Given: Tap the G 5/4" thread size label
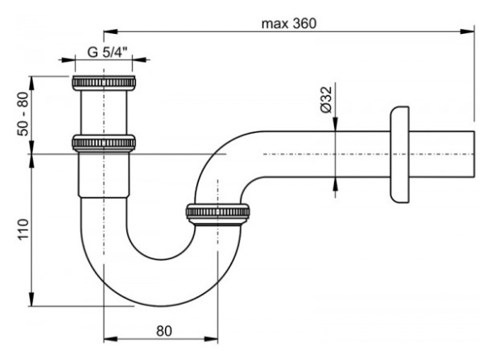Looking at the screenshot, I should (105, 51).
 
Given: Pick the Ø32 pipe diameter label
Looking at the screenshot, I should (327, 98).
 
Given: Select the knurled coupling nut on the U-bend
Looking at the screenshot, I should (217, 212).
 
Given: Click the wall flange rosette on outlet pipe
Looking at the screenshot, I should (398, 155).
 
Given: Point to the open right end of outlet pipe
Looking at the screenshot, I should (474, 154).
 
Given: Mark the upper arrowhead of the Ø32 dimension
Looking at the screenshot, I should (335, 126).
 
